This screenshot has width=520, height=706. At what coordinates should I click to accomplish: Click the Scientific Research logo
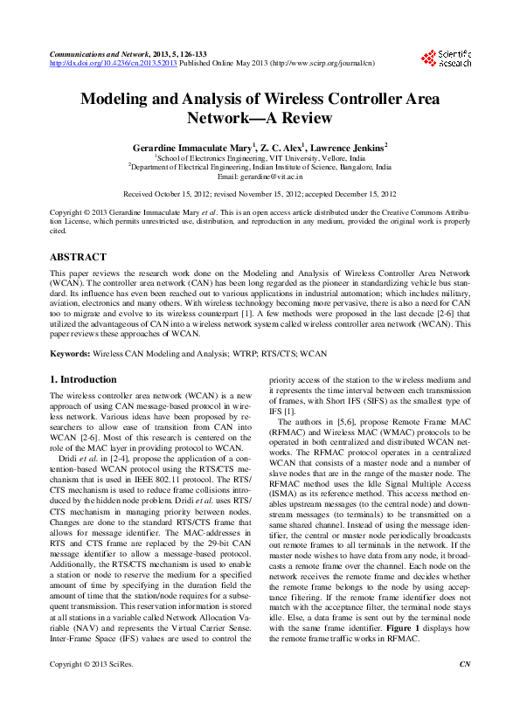click(446, 58)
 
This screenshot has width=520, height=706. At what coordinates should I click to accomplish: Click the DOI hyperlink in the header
click(114, 64)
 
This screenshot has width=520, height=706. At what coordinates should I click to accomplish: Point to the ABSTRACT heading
click(78, 258)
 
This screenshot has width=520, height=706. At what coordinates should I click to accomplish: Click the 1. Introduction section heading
click(83, 379)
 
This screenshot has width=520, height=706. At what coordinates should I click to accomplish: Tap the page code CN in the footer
click(464, 690)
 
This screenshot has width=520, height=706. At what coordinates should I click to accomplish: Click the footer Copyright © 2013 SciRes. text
click(89, 690)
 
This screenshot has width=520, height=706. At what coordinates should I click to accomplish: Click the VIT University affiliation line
click(259, 157)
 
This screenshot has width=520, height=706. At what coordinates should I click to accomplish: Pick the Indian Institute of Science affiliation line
click(260, 167)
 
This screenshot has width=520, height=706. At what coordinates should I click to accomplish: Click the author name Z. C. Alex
click(280, 148)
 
